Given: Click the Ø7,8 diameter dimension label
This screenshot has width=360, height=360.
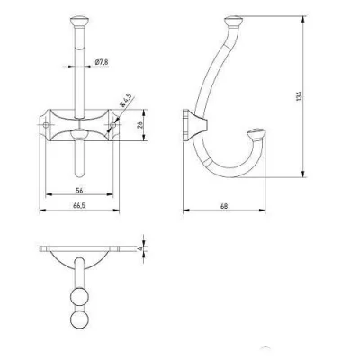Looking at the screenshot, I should [102, 61].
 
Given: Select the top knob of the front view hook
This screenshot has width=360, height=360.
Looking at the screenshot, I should [81, 20].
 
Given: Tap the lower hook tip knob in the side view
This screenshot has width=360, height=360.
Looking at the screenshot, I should [259, 135].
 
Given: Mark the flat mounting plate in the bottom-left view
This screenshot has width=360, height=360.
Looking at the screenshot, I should [81, 248].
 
